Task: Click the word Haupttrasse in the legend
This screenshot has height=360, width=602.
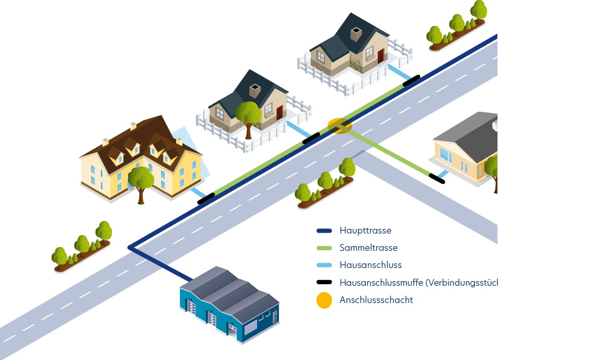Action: [365, 230]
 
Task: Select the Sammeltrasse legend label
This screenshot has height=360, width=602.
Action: [368, 248]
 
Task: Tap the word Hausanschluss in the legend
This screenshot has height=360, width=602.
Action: [370, 265]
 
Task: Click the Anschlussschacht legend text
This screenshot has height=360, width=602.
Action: [376, 300]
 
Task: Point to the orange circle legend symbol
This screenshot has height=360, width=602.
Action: [324, 300]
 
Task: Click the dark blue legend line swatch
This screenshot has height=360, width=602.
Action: [324, 230]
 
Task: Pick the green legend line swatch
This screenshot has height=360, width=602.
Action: [324, 248]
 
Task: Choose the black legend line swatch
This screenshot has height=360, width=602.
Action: [324, 283]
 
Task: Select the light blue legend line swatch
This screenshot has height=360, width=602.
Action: [324, 265]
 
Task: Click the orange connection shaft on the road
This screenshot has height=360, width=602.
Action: [340, 125]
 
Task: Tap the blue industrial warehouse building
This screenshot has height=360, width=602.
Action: [230, 306]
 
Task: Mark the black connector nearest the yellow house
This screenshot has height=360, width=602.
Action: [206, 198]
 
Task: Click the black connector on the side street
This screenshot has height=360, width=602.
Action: [436, 178]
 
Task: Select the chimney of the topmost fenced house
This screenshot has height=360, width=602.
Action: [356, 34]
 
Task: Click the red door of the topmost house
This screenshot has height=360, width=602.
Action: [380, 55]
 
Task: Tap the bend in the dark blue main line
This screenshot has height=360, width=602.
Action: [130, 247]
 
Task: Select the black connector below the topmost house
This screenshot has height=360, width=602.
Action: [411, 80]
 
